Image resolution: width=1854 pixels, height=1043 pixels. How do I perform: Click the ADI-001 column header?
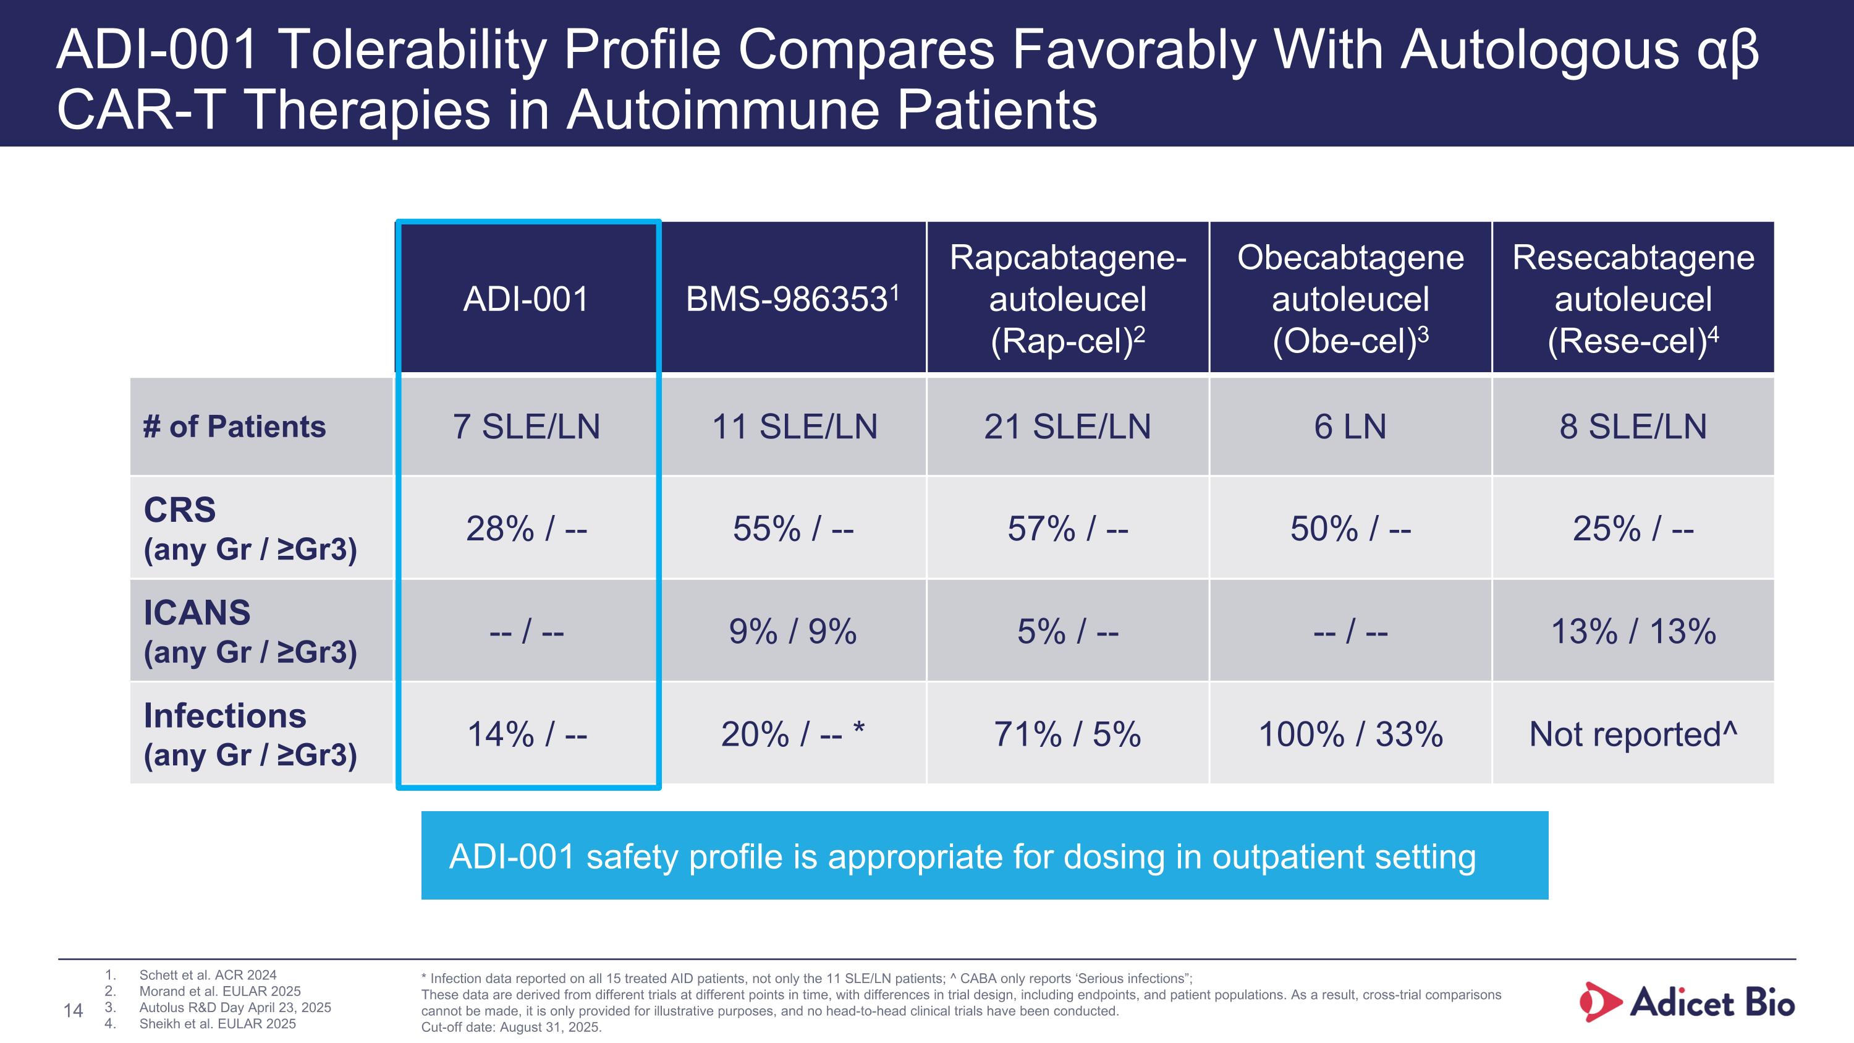pyautogui.click(x=526, y=299)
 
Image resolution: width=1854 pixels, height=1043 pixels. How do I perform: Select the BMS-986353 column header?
pyautogui.click(x=792, y=299)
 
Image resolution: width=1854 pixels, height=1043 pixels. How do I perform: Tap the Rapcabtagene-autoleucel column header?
pyautogui.click(x=1067, y=299)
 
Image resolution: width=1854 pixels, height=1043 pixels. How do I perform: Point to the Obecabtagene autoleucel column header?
pyautogui.click(x=1350, y=299)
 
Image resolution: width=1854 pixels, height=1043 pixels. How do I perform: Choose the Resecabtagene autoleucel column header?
pyautogui.click(x=1633, y=299)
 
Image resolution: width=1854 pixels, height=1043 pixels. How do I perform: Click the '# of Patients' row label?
pyautogui.click(x=235, y=427)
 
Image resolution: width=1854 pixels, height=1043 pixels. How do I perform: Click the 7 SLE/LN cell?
pyautogui.click(x=526, y=427)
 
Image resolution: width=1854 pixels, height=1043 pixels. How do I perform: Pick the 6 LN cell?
pyautogui.click(x=1350, y=427)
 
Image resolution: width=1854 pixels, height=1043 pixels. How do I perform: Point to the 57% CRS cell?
pyautogui.click(x=1067, y=529)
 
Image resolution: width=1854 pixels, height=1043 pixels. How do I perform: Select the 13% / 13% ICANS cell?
pyautogui.click(x=1633, y=632)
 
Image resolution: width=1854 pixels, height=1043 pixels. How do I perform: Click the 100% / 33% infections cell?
pyautogui.click(x=1350, y=735)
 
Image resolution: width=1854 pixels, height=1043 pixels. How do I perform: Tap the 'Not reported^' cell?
pyautogui.click(x=1633, y=735)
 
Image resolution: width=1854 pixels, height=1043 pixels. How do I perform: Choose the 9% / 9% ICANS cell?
pyautogui.click(x=792, y=632)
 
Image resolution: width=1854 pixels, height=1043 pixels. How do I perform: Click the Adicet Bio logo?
pyautogui.click(x=1687, y=1002)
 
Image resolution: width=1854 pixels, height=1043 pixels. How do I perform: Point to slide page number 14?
pyautogui.click(x=74, y=1011)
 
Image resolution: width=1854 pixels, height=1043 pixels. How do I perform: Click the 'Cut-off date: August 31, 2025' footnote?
pyautogui.click(x=511, y=1027)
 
